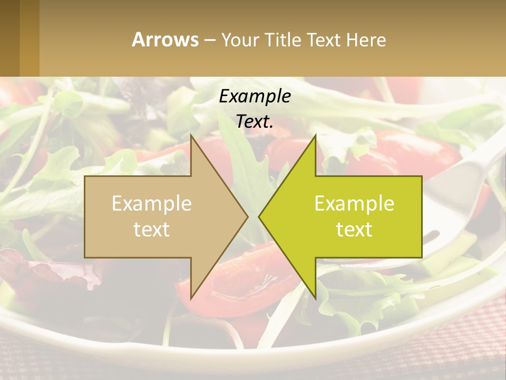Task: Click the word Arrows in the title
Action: pos(165,40)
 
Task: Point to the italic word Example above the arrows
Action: pos(255,96)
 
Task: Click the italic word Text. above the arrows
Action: pos(255,122)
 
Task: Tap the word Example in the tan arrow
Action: pos(152,203)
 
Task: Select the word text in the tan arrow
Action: pos(152,230)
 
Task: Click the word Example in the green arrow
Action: pos(354,203)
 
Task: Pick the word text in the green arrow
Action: pos(354,230)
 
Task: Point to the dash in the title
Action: pos(209,40)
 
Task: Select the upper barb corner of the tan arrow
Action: pos(191,136)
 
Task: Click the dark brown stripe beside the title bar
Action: pos(9,38)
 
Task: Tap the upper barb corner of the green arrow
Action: pos(315,136)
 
